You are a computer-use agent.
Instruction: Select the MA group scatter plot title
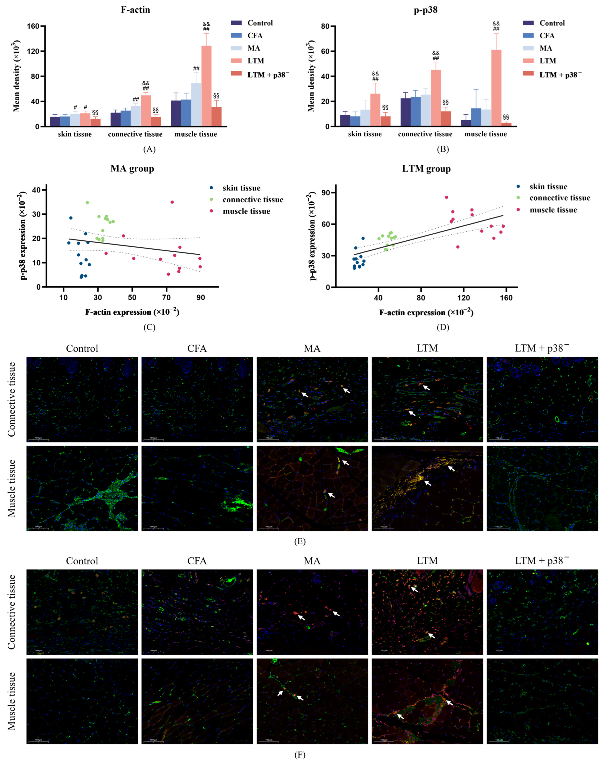(x=132, y=169)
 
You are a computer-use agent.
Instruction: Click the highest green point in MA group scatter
(x=87, y=203)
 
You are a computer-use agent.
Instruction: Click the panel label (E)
(x=300, y=541)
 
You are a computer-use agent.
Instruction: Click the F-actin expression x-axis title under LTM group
(x=426, y=313)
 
